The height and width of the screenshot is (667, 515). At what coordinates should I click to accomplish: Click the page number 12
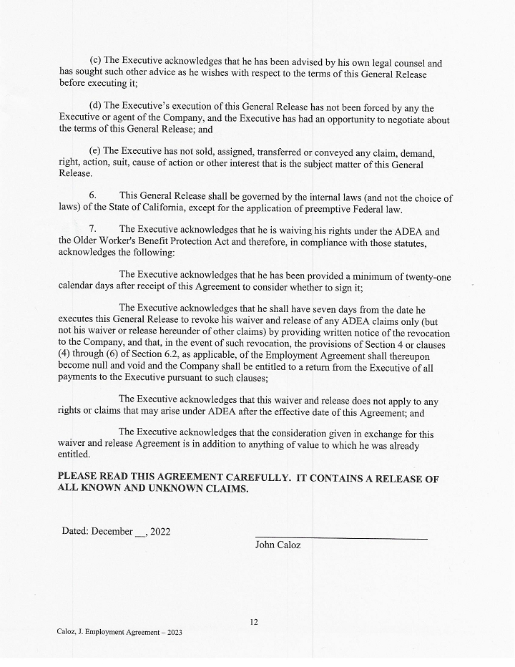point(254,622)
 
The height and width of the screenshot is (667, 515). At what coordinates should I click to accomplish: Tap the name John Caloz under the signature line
point(278,545)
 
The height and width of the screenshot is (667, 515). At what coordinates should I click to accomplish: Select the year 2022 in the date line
point(160,532)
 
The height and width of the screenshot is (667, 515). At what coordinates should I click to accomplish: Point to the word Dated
point(74,532)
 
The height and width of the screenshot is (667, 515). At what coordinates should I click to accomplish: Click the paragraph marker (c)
point(94,63)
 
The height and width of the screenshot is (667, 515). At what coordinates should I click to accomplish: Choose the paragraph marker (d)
point(95,108)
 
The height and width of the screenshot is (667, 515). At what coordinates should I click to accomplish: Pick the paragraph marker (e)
point(94,152)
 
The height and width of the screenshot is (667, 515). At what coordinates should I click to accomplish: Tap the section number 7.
point(93,230)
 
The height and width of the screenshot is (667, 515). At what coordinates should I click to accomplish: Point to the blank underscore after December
point(139,533)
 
